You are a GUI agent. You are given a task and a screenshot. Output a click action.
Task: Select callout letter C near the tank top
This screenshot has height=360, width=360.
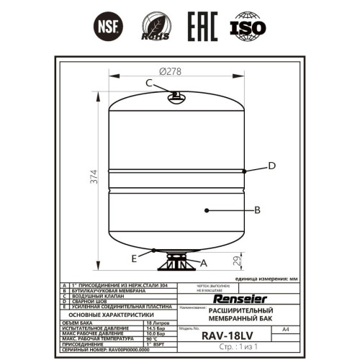[x=149, y=83]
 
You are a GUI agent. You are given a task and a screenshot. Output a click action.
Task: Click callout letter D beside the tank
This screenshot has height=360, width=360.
[x=271, y=166]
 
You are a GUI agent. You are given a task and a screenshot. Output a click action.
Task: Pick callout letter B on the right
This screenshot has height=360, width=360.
[x=257, y=210]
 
